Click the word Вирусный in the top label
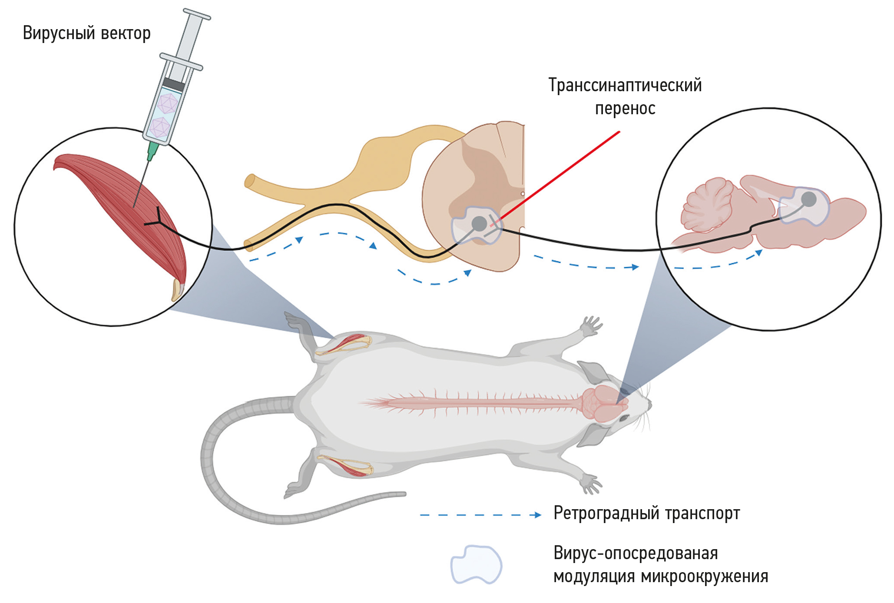point(59,33)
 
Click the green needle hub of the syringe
point(152,150)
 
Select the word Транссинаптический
point(625,85)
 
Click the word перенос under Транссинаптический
point(625,109)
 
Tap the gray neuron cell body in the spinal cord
point(479,224)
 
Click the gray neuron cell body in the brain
point(808,199)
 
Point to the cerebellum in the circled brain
point(706,204)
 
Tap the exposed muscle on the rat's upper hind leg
point(348,343)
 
